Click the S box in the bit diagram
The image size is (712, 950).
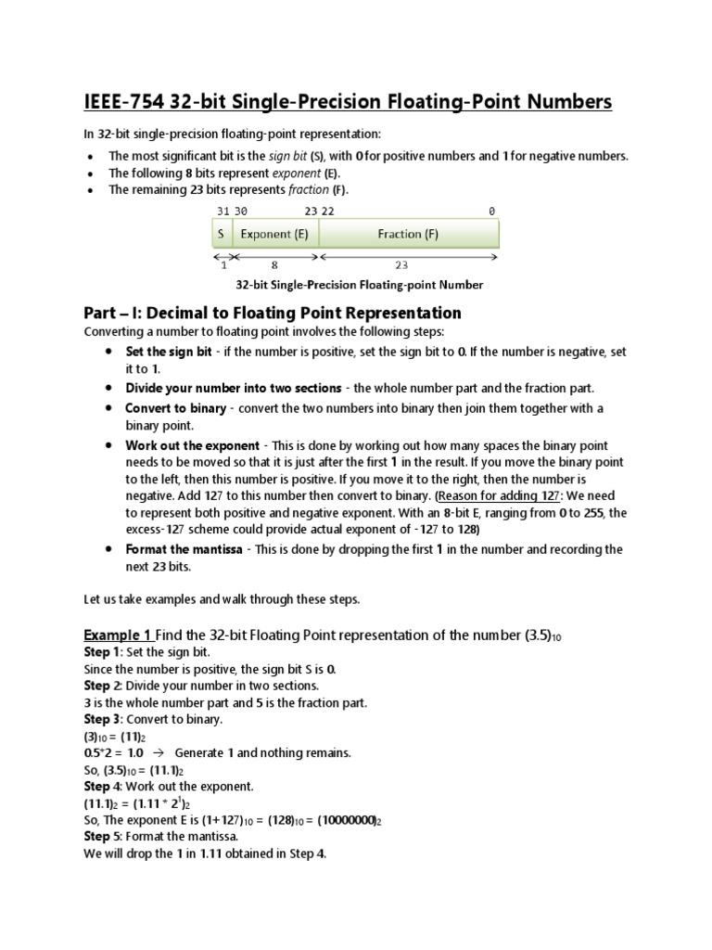pos(222,234)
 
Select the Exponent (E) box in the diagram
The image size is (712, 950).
pos(274,234)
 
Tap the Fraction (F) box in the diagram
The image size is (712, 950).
pos(408,234)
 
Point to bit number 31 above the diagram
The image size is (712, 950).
pos(221,212)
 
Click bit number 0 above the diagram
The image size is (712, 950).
pos(492,212)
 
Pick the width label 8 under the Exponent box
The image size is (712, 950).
pos(274,264)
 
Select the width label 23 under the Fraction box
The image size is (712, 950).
pos(401,264)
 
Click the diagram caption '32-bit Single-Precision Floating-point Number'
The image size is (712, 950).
pos(360,286)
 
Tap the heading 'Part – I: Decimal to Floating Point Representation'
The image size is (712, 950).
pos(273,313)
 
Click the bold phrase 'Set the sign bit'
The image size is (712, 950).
pos(169,353)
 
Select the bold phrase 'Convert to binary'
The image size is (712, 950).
pos(176,408)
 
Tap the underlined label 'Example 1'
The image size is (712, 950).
pos(118,635)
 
